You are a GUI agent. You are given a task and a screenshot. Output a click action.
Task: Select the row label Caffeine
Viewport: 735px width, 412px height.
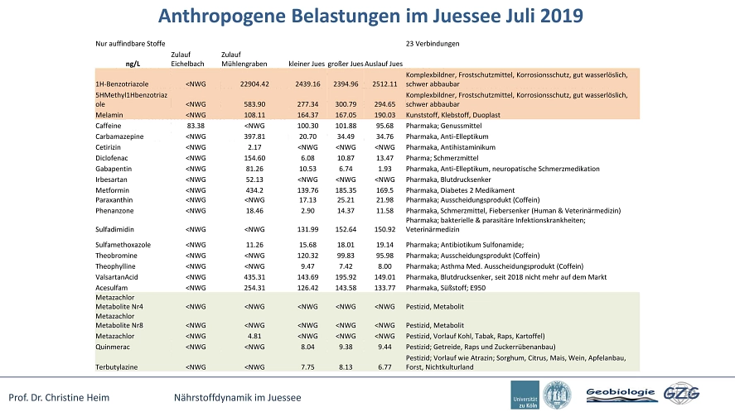click(x=109, y=126)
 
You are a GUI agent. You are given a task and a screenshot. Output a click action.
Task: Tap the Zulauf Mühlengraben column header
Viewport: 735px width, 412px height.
click(x=244, y=59)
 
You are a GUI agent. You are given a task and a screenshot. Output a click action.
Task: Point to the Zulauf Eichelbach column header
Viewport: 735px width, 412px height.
click(x=187, y=59)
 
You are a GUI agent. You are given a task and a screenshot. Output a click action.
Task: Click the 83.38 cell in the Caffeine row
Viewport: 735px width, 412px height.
click(x=196, y=126)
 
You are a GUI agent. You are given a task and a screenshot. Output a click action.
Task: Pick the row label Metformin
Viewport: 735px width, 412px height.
click(x=112, y=190)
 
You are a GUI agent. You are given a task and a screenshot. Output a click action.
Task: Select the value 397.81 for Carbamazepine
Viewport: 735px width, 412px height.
click(x=254, y=137)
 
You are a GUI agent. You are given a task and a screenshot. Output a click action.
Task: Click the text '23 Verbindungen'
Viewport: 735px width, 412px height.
click(x=433, y=44)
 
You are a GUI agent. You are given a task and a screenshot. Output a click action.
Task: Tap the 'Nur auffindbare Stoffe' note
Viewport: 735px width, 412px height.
click(x=130, y=44)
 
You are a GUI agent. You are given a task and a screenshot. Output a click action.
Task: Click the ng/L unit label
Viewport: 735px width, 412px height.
click(x=133, y=64)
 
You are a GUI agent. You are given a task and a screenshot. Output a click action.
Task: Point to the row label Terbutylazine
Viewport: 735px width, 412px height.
click(x=117, y=367)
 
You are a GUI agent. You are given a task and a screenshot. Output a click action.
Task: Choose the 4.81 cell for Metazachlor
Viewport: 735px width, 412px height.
click(x=254, y=336)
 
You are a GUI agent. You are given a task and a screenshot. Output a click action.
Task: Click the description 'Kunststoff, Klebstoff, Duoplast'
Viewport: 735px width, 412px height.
click(x=452, y=115)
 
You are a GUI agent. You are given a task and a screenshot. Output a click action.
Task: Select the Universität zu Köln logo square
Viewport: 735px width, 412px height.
click(x=525, y=395)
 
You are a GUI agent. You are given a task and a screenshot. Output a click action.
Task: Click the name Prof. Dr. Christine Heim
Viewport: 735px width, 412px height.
click(x=59, y=398)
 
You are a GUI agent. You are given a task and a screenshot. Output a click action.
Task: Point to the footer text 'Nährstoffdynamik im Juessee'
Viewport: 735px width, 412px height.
click(x=238, y=398)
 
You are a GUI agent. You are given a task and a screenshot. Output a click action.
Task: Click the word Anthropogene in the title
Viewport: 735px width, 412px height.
click(x=222, y=17)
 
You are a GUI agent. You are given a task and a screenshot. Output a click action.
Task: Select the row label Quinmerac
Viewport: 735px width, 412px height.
click(x=113, y=347)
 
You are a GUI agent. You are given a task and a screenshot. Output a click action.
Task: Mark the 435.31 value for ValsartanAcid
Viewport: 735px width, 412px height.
click(x=254, y=277)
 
